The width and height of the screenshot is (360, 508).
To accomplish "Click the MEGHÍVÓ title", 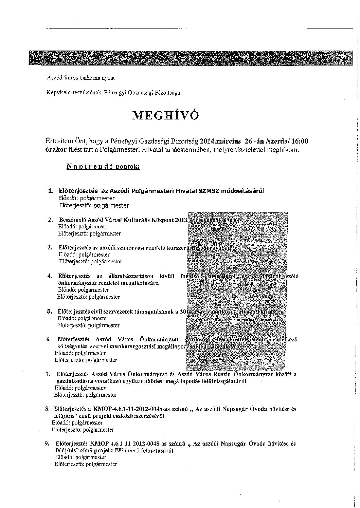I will [165, 116].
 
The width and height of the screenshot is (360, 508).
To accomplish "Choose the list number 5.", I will [49, 311].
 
